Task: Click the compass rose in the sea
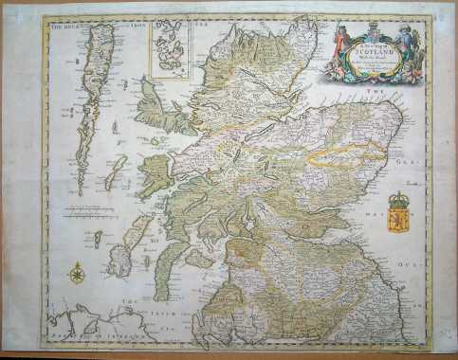[74, 276]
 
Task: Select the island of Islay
[120, 257]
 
